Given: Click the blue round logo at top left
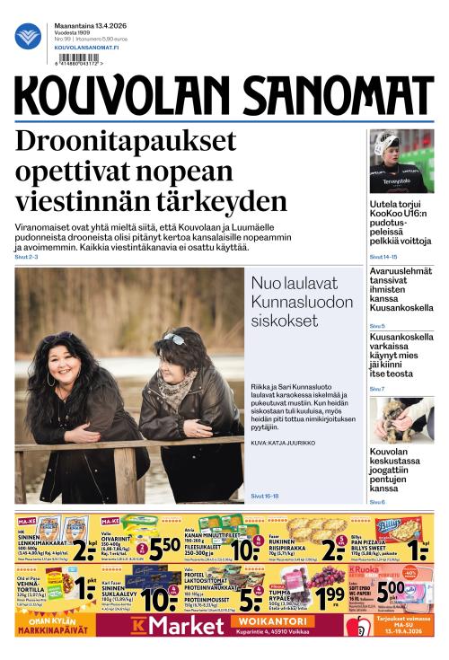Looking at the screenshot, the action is [x=28, y=36].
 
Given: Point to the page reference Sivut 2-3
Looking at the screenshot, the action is [x=26, y=257].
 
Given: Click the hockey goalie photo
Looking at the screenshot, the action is [x=401, y=161].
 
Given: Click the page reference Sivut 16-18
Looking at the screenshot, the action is [x=265, y=496].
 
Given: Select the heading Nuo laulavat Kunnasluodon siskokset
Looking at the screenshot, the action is [x=302, y=301].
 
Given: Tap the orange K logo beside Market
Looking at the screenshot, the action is [x=138, y=625].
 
